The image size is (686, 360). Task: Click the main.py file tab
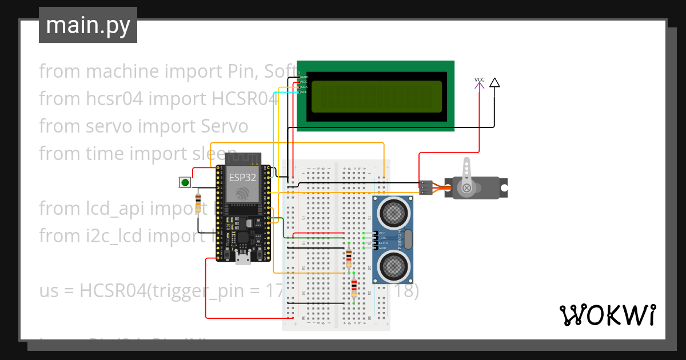88,25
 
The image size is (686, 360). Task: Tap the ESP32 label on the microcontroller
242,177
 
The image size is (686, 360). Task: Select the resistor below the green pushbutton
198,203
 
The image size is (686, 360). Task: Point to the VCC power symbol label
480,79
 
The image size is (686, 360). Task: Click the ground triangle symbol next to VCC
494,83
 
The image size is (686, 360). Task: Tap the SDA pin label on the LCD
304,87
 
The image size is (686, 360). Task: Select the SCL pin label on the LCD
304,92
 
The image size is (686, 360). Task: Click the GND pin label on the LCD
304,77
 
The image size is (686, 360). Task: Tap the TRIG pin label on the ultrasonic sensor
382,238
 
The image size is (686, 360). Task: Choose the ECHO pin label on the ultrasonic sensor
382,243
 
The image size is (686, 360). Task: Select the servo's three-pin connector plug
426,187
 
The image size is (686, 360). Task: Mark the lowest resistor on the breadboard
354,289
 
